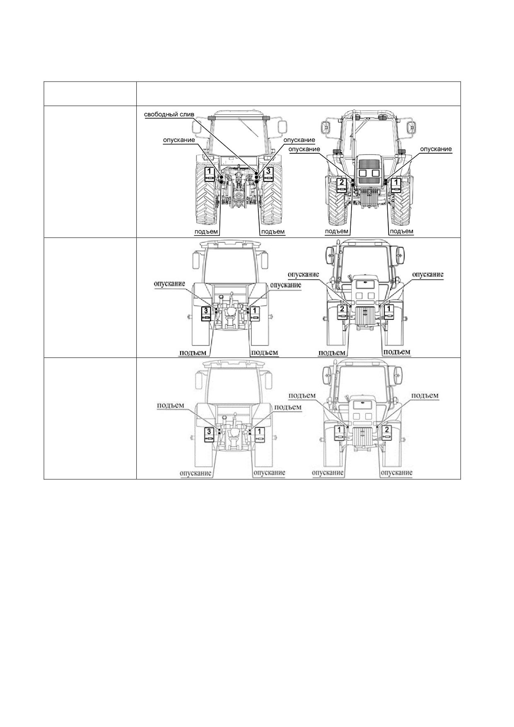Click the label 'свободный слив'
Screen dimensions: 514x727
point(169,114)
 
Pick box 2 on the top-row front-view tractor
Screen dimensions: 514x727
point(342,185)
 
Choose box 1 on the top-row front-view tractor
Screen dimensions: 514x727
point(396,185)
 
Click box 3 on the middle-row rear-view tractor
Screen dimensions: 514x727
point(207,313)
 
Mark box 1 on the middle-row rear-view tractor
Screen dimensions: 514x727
point(254,313)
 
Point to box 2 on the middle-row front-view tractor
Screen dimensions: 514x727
point(342,312)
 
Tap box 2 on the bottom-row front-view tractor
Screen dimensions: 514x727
point(387,432)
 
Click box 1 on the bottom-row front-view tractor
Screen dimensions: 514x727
point(340,432)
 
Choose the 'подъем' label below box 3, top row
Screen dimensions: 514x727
point(273,231)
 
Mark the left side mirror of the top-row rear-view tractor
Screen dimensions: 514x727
point(194,128)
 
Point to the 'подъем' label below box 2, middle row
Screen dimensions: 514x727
point(332,353)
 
